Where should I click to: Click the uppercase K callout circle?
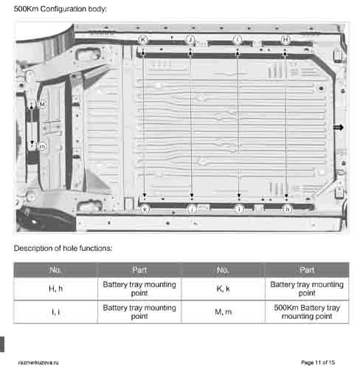coord(143,38)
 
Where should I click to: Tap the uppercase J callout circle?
coord(190,38)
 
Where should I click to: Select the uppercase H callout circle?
coord(285,38)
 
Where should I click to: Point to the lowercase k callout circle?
coord(145,210)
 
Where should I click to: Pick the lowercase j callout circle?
coord(192,210)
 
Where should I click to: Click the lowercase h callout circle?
coord(287,210)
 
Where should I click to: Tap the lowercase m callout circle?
coord(42,147)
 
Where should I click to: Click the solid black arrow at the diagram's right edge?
coord(339,128)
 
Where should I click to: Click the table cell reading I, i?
coord(55,311)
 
